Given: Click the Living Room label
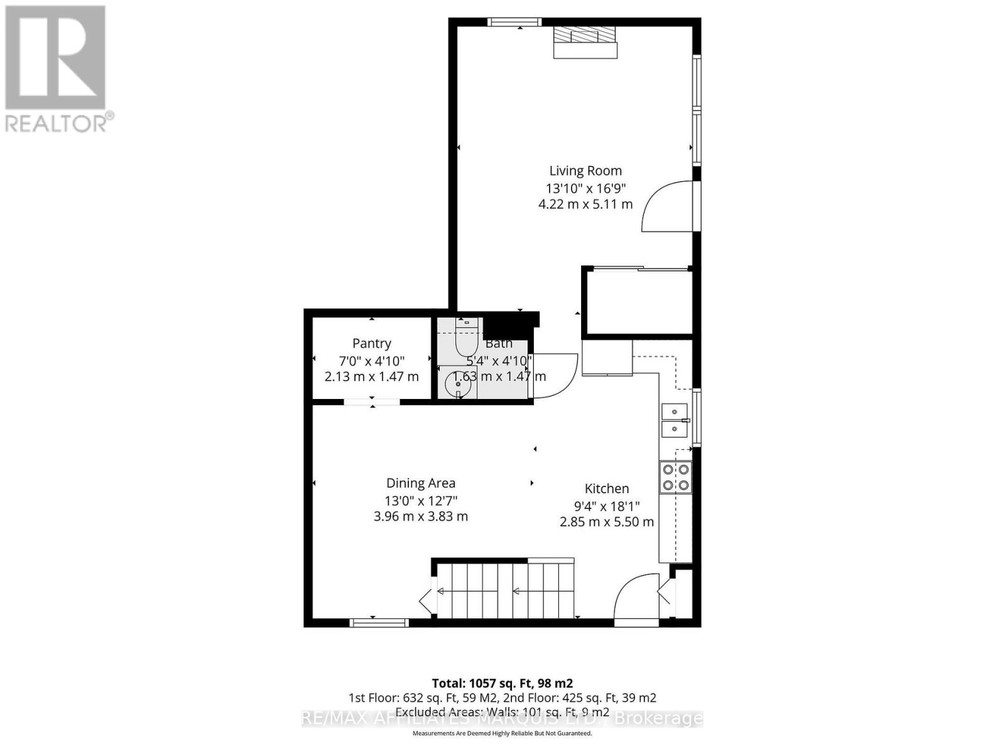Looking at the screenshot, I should (x=585, y=170).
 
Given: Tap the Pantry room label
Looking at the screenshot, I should (x=371, y=343).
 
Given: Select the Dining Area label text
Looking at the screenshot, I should (x=420, y=483).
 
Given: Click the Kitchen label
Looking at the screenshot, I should (x=606, y=488).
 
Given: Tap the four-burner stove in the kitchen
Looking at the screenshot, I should (x=675, y=477).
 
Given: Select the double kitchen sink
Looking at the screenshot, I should (x=675, y=420).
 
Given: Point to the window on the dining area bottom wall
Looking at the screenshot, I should (x=379, y=623).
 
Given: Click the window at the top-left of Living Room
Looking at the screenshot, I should (x=514, y=22).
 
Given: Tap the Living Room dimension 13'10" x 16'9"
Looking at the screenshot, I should (x=585, y=187).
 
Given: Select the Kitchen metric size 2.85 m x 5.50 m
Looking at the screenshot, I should (x=606, y=522).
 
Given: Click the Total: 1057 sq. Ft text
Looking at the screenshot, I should (x=502, y=683).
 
